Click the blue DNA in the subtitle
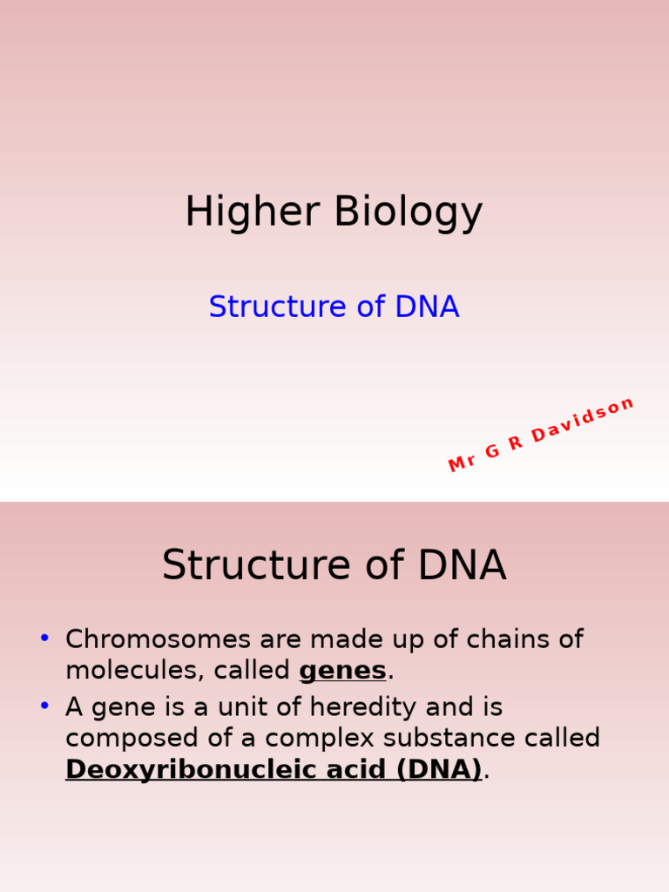pyautogui.click(x=427, y=307)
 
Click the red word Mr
pyautogui.click(x=462, y=462)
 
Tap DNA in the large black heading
pyautogui.click(x=462, y=565)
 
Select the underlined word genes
pyautogui.click(x=342, y=671)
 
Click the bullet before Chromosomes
pyautogui.click(x=44, y=639)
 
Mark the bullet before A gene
pyautogui.click(x=44, y=706)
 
